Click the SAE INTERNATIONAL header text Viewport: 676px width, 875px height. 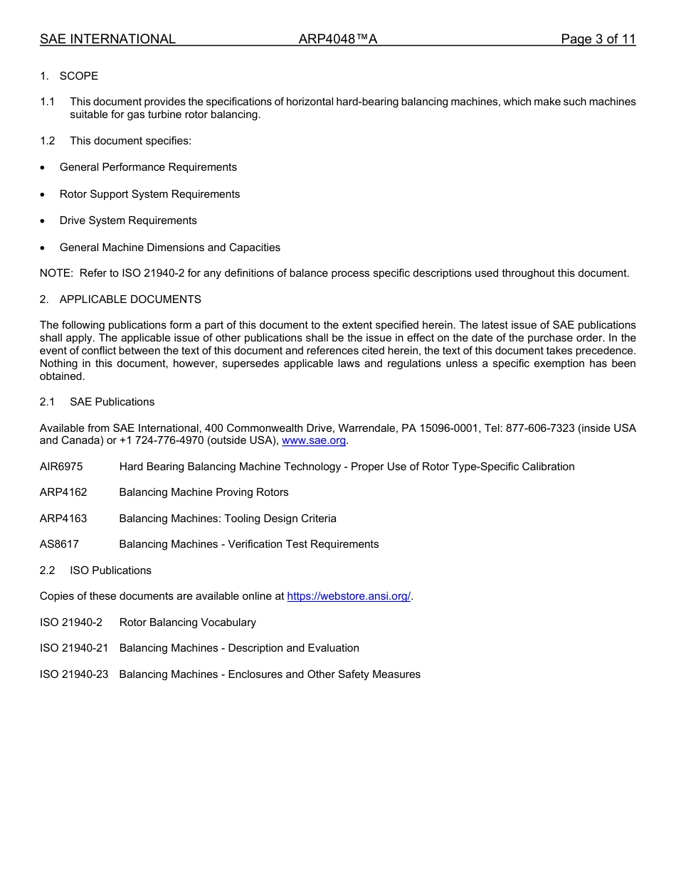click(x=107, y=39)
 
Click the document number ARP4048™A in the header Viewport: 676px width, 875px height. click(x=337, y=39)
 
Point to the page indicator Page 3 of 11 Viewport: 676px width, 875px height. click(x=598, y=39)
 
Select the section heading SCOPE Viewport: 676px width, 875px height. click(x=78, y=76)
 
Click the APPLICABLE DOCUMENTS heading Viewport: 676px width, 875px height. click(x=130, y=299)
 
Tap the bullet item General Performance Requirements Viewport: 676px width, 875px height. click(x=148, y=167)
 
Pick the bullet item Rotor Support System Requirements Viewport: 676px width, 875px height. click(x=149, y=194)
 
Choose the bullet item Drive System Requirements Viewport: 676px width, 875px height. click(x=128, y=221)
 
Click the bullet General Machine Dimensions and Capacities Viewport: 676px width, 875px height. click(x=170, y=248)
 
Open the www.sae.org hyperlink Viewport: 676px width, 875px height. click(x=314, y=441)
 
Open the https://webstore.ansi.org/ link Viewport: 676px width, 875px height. click(x=349, y=596)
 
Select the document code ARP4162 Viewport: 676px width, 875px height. click(x=63, y=492)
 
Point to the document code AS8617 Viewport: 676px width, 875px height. click(x=59, y=544)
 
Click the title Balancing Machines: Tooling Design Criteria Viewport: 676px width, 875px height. click(x=228, y=519)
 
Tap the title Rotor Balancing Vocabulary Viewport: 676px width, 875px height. click(x=187, y=622)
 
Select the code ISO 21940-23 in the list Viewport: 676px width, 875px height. click(x=74, y=674)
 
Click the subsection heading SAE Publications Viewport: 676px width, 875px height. click(x=112, y=402)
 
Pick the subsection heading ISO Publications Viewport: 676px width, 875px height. click(x=110, y=571)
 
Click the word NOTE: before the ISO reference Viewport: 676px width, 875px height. click(x=56, y=273)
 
